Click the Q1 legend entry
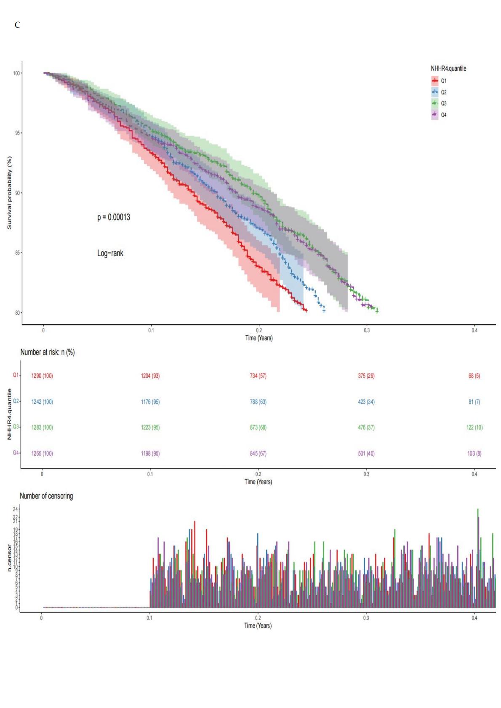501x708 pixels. [443, 81]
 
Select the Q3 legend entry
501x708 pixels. [443, 103]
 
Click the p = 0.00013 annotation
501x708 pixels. [114, 217]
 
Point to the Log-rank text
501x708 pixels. [110, 253]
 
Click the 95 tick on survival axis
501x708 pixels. [16, 133]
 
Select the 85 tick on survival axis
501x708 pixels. [16, 253]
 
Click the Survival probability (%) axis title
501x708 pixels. [9, 193]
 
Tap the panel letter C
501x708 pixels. [17, 25]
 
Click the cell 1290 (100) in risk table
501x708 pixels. [42, 376]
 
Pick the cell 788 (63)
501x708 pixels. [258, 402]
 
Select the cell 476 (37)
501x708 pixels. [366, 427]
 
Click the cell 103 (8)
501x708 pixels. [474, 453]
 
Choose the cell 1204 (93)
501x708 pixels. [150, 376]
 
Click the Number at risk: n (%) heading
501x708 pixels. [48, 352]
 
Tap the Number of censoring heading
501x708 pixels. [46, 496]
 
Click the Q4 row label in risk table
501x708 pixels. [16, 453]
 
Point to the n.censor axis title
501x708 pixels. [9, 557]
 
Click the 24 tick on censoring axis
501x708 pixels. [16, 509]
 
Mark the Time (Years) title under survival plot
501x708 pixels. [259, 338]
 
